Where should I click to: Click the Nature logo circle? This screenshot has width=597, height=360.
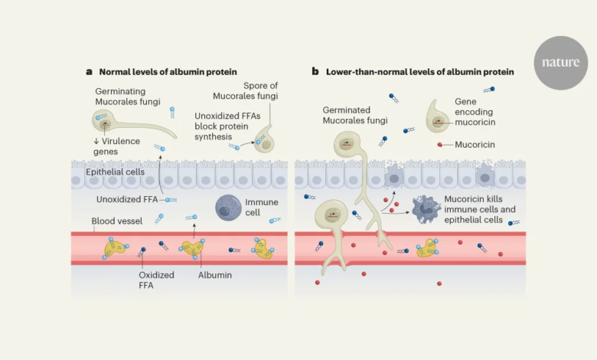[561, 63]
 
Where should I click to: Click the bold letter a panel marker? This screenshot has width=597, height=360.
[90, 71]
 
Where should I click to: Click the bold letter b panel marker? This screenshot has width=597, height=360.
[315, 71]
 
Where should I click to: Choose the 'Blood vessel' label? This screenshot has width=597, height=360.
[118, 222]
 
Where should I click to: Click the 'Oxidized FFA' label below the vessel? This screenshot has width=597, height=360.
[156, 281]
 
